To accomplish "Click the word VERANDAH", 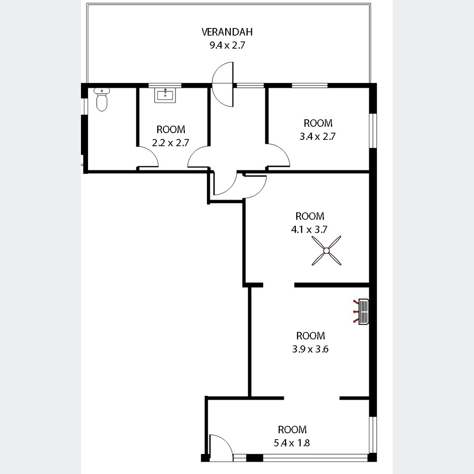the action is click(227, 32).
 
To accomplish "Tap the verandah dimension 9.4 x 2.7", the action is click(227, 45).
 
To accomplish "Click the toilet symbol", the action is click(102, 100).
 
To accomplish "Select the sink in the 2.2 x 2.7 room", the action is click(165, 95).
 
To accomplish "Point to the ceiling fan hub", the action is click(326, 251).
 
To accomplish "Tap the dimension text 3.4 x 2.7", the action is click(317, 136).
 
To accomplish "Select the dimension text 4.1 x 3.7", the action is click(309, 229).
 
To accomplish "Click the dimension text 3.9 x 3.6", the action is click(310, 349).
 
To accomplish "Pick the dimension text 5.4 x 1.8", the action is click(292, 443).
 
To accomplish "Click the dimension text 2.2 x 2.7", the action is click(171, 143).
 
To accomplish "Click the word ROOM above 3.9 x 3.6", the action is click(310, 336).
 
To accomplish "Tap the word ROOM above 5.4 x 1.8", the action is click(292, 430).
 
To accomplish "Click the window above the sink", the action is click(165, 85).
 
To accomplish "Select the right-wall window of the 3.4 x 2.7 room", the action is click(373, 131).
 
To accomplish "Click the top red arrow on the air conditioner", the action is click(355, 301).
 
